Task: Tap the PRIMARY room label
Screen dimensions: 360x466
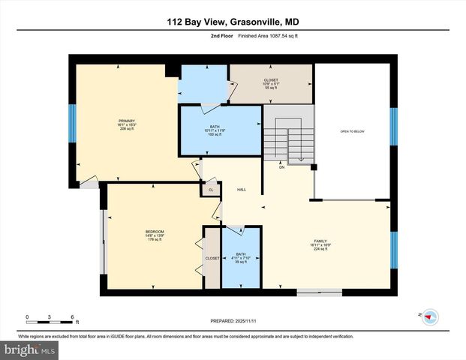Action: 125,124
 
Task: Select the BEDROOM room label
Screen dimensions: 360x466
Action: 155,235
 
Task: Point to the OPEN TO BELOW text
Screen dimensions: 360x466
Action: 351,131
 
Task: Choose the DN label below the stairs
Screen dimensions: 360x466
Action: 282,167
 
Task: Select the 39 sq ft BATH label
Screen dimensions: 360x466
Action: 240,257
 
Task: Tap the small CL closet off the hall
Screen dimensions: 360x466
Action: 211,190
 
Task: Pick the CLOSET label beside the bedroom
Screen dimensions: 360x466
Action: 212,258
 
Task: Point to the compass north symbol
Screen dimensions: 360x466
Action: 430,317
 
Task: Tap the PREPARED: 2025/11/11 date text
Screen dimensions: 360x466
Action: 232,320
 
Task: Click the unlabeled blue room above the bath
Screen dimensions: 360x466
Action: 203,84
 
